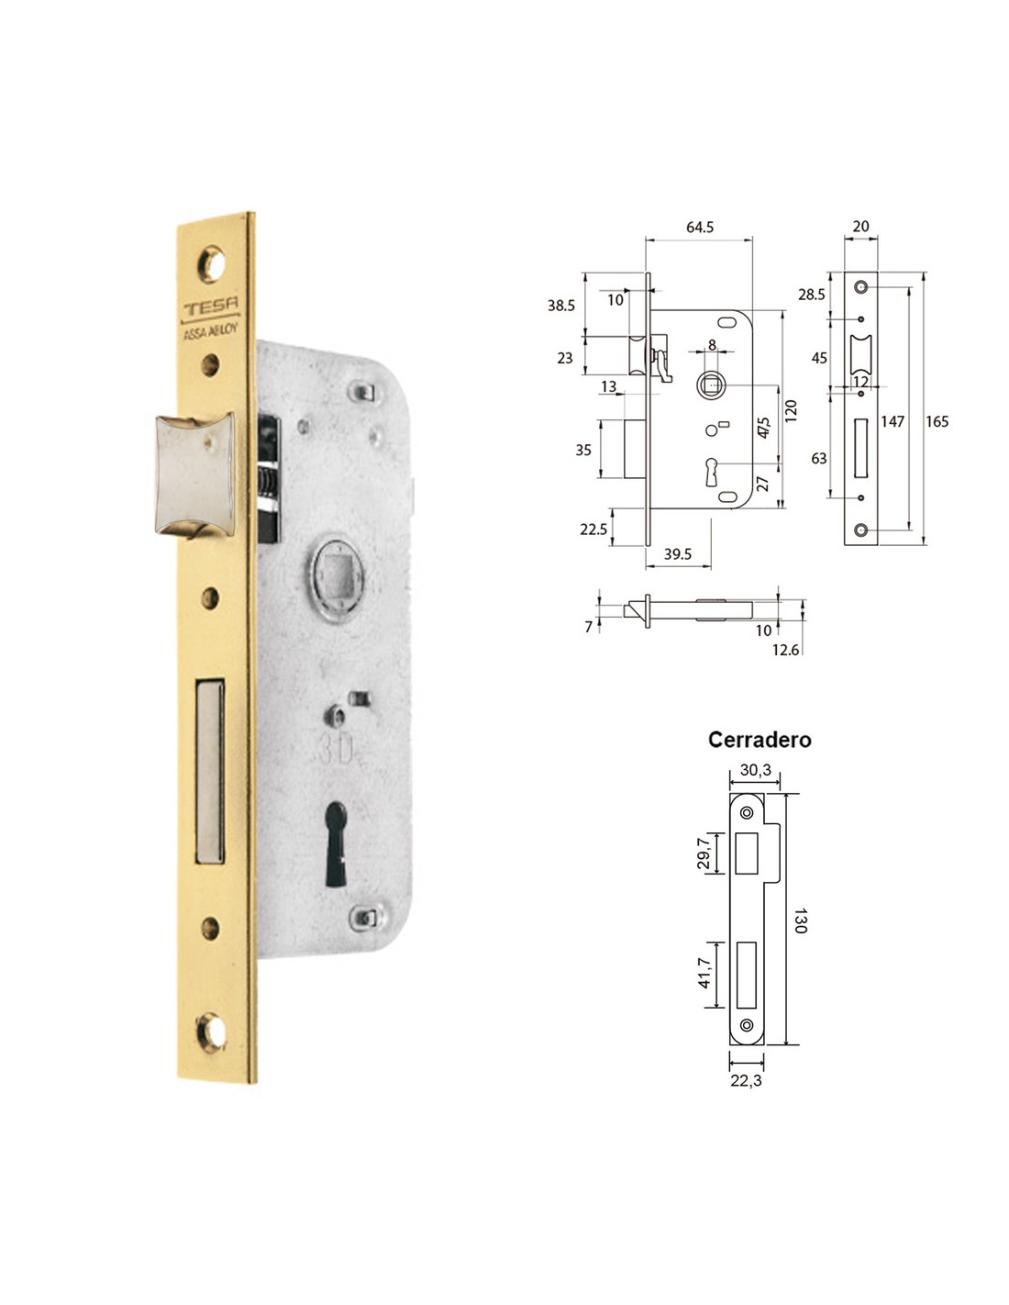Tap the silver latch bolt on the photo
click(194, 474)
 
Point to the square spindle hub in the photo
click(337, 579)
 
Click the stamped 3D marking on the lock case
click(336, 750)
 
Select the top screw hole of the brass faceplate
click(212, 264)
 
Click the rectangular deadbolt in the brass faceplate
click(210, 772)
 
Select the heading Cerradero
click(760, 740)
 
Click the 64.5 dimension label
click(700, 227)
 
